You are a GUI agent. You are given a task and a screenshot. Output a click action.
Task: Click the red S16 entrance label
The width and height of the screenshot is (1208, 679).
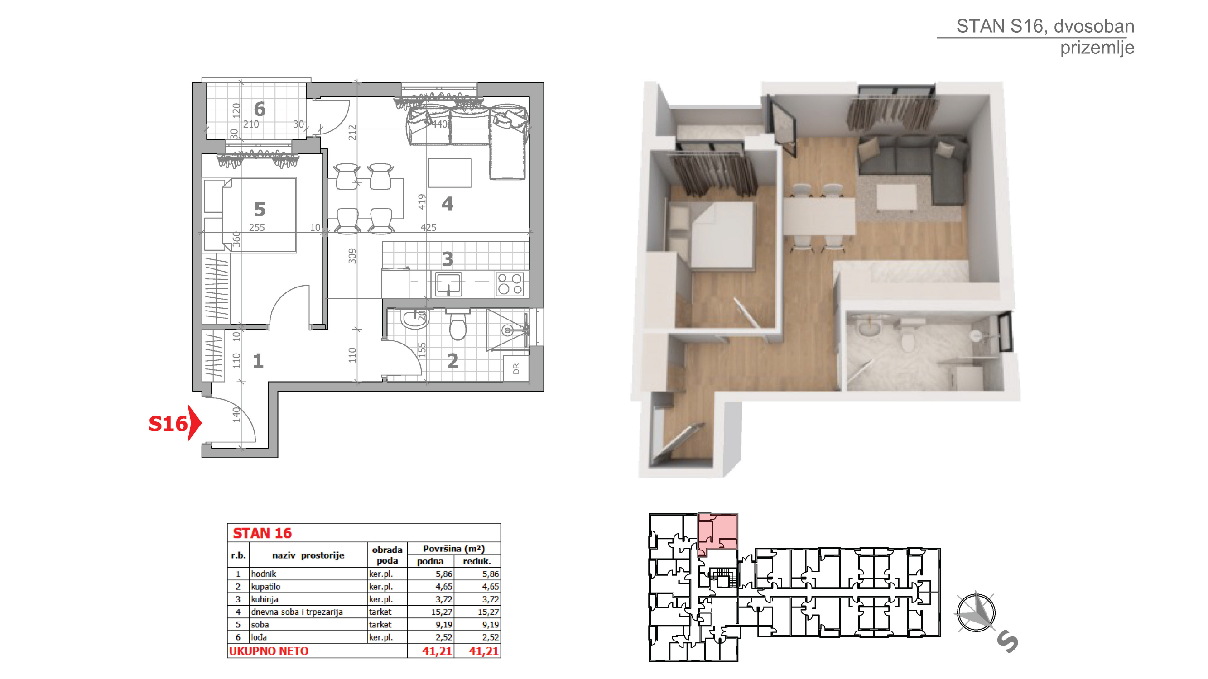pos(168,424)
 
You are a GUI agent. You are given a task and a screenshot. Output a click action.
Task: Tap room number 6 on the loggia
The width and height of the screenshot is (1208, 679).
pos(260,109)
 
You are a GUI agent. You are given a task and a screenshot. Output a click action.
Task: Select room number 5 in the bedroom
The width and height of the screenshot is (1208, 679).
pos(260,209)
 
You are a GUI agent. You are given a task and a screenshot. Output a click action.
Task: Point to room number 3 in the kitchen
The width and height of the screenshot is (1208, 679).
pos(448,258)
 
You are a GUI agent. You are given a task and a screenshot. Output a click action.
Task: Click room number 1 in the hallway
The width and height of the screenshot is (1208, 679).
pos(258,361)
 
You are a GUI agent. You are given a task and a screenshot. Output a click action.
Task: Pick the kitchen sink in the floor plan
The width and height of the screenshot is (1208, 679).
pos(449,283)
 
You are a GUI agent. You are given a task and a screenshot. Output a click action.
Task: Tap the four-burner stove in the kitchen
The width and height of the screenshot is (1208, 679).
pos(510,284)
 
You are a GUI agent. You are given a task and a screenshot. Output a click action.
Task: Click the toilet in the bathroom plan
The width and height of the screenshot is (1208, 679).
pos(457,324)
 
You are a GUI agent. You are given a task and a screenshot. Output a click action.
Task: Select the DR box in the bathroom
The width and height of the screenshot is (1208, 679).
pos(516,369)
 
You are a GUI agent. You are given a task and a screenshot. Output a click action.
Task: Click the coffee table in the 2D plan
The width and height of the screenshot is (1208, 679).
pos(449,173)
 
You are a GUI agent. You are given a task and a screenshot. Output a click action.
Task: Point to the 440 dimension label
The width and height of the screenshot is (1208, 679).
pos(440,124)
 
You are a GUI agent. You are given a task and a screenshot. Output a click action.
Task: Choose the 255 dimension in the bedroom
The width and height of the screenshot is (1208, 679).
pos(257,227)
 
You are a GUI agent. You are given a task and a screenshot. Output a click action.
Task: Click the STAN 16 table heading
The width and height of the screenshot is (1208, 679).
pos(262,533)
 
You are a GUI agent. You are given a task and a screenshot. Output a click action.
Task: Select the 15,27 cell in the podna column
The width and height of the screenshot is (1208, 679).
pos(442,612)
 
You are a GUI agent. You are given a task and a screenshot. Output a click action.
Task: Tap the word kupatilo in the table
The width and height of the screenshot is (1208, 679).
pos(265,587)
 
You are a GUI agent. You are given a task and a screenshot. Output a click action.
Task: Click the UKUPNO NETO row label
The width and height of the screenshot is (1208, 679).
pos(269,651)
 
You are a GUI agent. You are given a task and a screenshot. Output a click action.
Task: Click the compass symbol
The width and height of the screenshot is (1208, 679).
pos(976,612)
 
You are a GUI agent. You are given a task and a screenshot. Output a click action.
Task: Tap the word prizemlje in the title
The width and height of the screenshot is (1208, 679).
pos(1097,48)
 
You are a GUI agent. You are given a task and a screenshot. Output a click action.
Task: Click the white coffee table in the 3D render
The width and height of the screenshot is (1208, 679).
pos(896,197)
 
